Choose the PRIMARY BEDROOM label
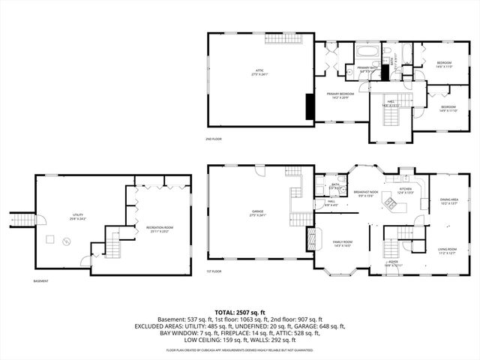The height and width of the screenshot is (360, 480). point(340,94)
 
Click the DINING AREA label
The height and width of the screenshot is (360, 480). point(448,201)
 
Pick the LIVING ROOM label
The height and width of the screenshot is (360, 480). point(448,251)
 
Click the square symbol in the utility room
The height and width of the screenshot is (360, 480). point(50,239)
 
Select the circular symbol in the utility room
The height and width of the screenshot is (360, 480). point(65,241)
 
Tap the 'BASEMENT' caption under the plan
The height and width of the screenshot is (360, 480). point(41,281)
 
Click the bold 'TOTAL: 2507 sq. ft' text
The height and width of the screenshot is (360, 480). point(239,312)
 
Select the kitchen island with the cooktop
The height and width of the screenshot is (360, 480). point(389,202)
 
